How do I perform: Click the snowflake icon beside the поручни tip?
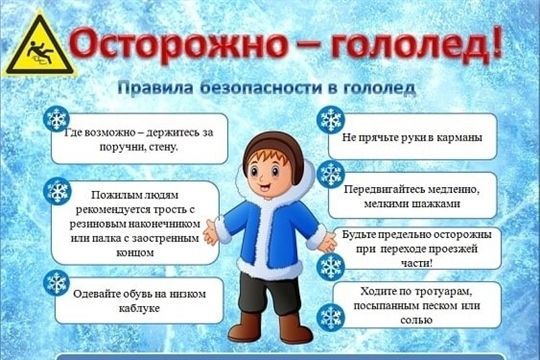click(57, 120)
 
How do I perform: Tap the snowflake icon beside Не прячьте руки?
click(330, 120)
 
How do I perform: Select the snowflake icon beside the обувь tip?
click(57, 283)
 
